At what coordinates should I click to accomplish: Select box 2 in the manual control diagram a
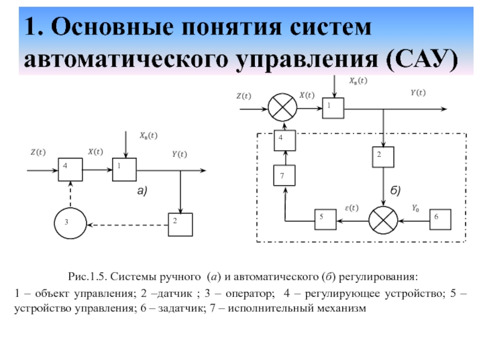point(180,224)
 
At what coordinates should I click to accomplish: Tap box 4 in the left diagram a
point(70,170)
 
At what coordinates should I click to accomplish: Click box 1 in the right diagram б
point(332,107)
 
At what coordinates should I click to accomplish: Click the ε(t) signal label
point(351,209)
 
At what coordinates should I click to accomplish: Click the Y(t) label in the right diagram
point(418,92)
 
